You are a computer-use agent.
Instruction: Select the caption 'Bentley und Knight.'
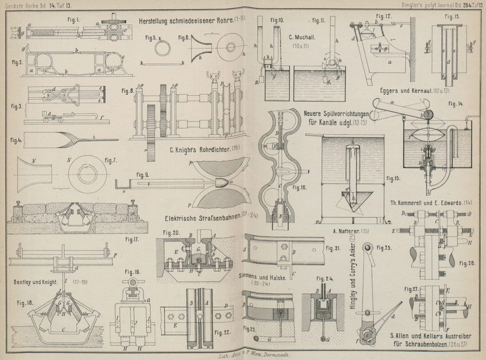tap(41, 282)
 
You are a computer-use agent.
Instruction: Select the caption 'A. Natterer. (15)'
tap(351, 231)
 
